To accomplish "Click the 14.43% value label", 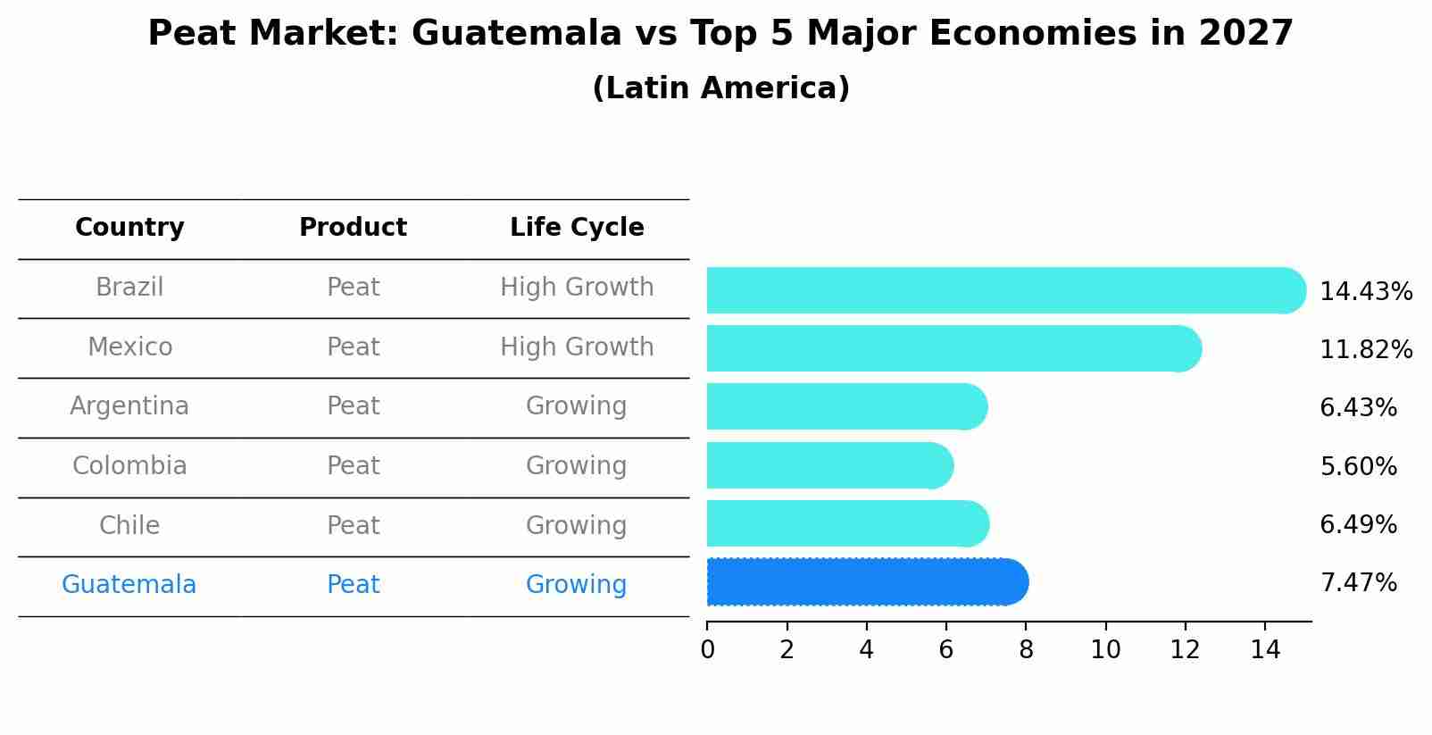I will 1365,292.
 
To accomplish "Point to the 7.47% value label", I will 1358,583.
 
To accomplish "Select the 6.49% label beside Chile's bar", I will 1358,524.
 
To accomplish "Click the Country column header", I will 129,228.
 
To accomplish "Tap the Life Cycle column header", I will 577,228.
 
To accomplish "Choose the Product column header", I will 353,228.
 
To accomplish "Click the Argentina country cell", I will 129,406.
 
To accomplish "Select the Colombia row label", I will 129,466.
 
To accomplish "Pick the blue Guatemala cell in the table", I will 129,585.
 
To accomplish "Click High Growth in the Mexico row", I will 577,347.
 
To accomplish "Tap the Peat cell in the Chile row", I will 353,525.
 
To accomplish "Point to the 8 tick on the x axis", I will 1026,650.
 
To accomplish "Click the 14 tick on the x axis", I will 1265,650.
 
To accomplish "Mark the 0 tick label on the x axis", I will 707,650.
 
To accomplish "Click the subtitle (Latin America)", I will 720,88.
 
